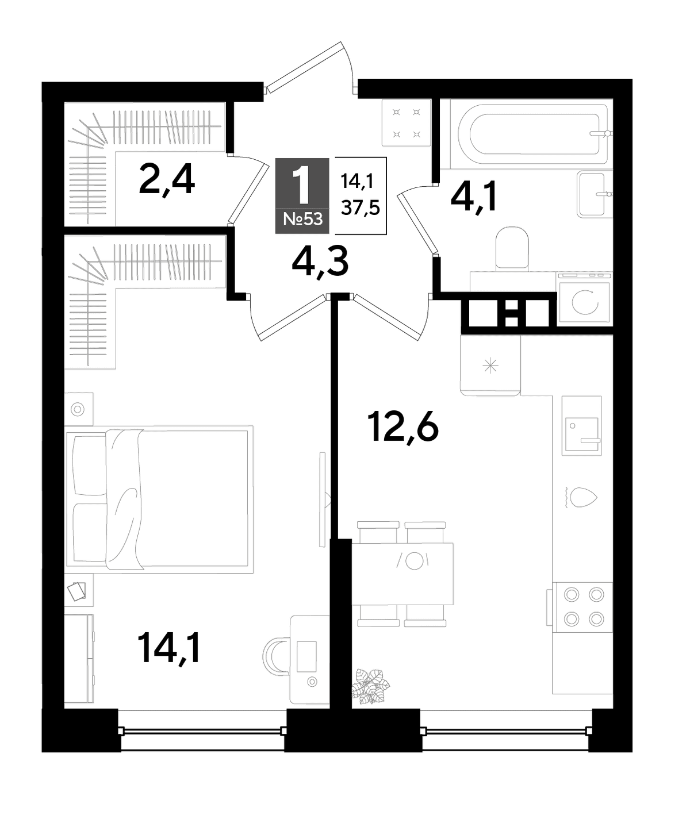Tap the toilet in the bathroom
coord(512,249)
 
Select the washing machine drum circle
coord(585,302)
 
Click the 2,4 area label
coord(167,181)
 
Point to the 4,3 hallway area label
coord(320,262)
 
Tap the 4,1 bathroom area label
coord(474,197)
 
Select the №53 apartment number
coord(302,220)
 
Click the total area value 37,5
coord(361,207)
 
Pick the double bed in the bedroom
coord(159,499)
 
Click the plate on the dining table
coord(413,560)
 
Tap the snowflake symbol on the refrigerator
coord(490,366)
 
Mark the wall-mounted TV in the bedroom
coord(323,499)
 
